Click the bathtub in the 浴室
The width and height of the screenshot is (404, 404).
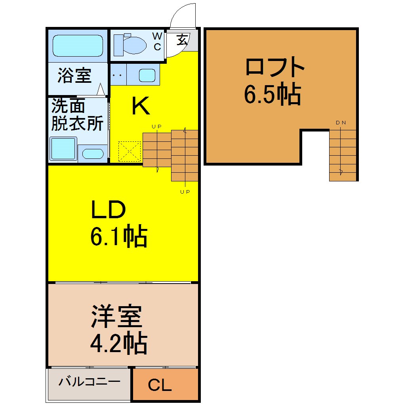[78, 46]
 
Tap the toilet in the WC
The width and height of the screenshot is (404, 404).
[130, 45]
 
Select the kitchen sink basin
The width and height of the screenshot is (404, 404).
[147, 75]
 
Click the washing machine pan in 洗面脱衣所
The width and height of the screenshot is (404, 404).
[63, 149]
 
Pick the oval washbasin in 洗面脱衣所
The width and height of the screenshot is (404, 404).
[93, 154]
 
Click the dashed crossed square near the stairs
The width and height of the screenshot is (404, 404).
[130, 151]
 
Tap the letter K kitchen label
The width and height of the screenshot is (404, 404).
[141, 106]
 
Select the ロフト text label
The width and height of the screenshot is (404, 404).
[275, 67]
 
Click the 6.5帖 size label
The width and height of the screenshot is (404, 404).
[273, 94]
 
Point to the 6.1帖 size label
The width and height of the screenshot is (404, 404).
[119, 236]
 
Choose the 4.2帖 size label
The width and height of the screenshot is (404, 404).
[119, 343]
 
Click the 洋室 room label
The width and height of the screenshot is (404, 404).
[116, 316]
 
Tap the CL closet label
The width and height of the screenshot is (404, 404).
[160, 385]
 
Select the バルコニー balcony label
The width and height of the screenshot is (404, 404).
[90, 381]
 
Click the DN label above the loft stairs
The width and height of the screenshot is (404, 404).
[341, 123]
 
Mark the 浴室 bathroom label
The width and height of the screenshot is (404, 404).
[74, 75]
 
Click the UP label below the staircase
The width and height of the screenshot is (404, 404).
[185, 192]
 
